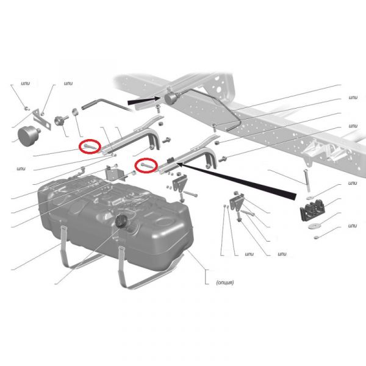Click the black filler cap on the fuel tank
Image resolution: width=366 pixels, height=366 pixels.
pos(121,221)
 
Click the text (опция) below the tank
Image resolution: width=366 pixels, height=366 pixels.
pos(224,282)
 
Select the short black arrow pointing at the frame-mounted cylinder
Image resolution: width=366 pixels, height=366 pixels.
pos(144,101)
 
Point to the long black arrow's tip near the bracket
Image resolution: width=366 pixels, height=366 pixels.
pos(177,163)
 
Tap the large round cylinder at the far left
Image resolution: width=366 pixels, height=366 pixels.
pos(28,135)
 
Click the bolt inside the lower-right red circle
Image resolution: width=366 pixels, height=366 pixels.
pos(146,166)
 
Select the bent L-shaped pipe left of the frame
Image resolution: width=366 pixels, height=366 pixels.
pos(107,104)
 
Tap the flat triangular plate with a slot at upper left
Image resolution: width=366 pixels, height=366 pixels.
pos(41,120)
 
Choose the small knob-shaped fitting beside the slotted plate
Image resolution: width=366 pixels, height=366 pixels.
pos(60,120)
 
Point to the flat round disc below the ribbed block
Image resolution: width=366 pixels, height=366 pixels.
pos(313,226)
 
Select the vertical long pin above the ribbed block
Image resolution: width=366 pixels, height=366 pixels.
pos(307,181)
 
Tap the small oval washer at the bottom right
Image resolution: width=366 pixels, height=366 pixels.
pos(316,237)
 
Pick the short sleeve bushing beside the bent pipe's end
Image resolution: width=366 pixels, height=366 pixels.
pos(74,112)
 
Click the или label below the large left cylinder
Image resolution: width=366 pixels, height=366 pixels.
pos(21,168)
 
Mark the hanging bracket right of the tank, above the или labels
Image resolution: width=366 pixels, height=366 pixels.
pos(238,203)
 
